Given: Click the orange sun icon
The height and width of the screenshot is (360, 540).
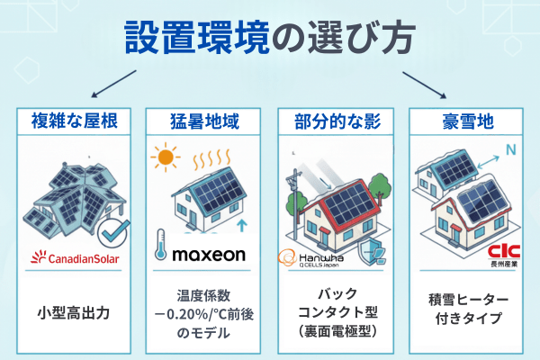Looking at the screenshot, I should pyautogui.click(x=164, y=158).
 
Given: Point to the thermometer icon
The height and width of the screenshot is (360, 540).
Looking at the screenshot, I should pyautogui.click(x=160, y=245).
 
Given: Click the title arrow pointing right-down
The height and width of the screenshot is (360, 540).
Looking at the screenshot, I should pyautogui.click(x=424, y=81).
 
